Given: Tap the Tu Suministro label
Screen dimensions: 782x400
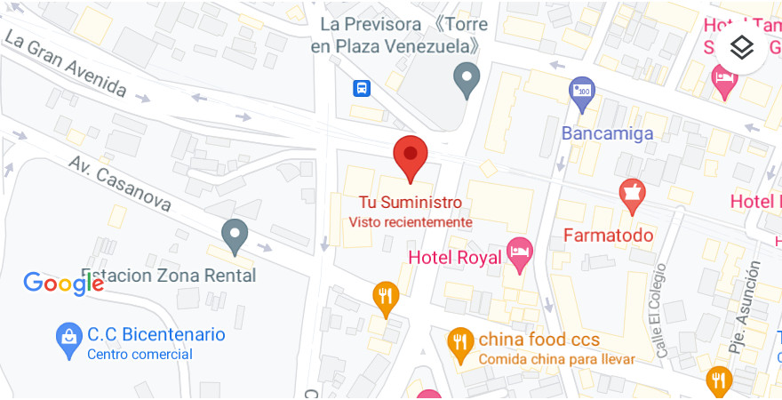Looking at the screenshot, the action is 410,203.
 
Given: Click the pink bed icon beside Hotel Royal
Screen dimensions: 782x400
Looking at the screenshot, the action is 519,252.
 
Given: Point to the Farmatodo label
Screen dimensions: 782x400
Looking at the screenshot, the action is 609,236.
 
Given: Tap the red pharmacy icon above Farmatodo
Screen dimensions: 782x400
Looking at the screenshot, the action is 632,196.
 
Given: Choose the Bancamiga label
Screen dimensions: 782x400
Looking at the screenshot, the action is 608,133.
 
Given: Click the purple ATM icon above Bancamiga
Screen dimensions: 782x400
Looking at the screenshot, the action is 582,92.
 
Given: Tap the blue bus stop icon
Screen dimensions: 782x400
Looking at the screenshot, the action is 362,88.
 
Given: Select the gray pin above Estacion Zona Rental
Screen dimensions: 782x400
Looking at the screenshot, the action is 235,235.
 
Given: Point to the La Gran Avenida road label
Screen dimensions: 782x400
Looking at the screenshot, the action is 66,64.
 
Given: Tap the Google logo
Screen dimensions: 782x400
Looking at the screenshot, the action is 63,284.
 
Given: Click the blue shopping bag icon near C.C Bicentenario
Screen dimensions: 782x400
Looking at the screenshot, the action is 68,340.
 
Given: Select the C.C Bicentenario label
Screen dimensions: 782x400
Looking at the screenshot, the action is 156,335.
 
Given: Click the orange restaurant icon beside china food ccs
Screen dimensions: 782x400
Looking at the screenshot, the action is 459,343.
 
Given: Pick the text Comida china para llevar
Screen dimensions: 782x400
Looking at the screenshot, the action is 556,359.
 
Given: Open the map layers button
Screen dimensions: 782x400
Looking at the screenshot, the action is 742,47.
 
